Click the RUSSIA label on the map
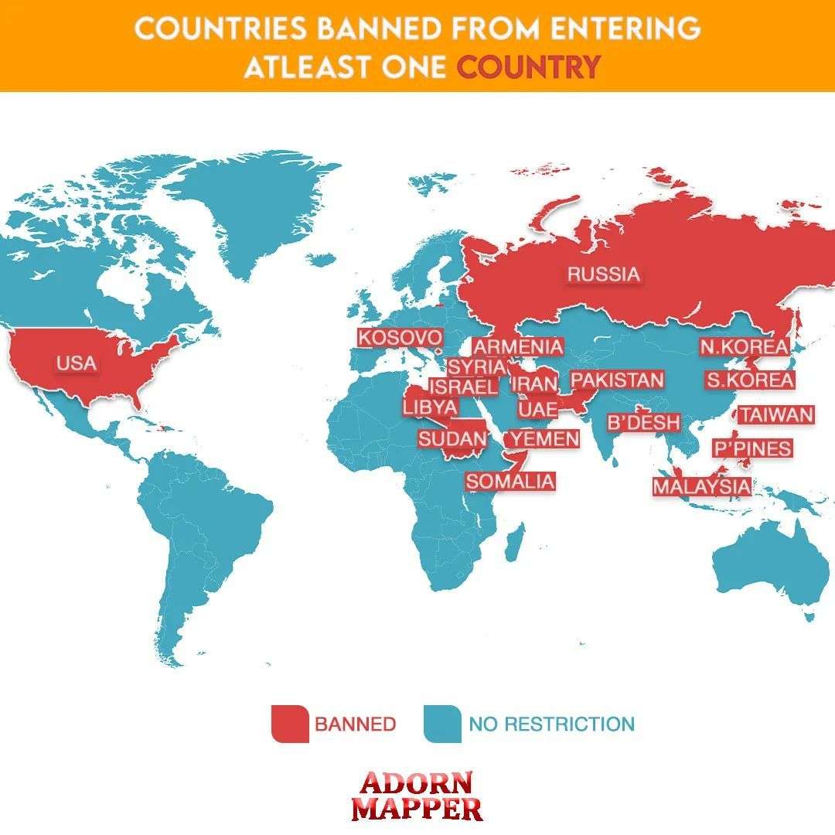604,274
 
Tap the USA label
77,363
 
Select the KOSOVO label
400,338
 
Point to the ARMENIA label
518,347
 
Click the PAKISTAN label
616,380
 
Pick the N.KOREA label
744,347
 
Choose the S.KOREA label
749,380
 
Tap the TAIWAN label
776,415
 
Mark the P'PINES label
752,448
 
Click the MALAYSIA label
701,486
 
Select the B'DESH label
643,422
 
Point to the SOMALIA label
510,481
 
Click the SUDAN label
452,439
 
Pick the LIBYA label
430,407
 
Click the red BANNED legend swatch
290,724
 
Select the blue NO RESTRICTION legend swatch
442,724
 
